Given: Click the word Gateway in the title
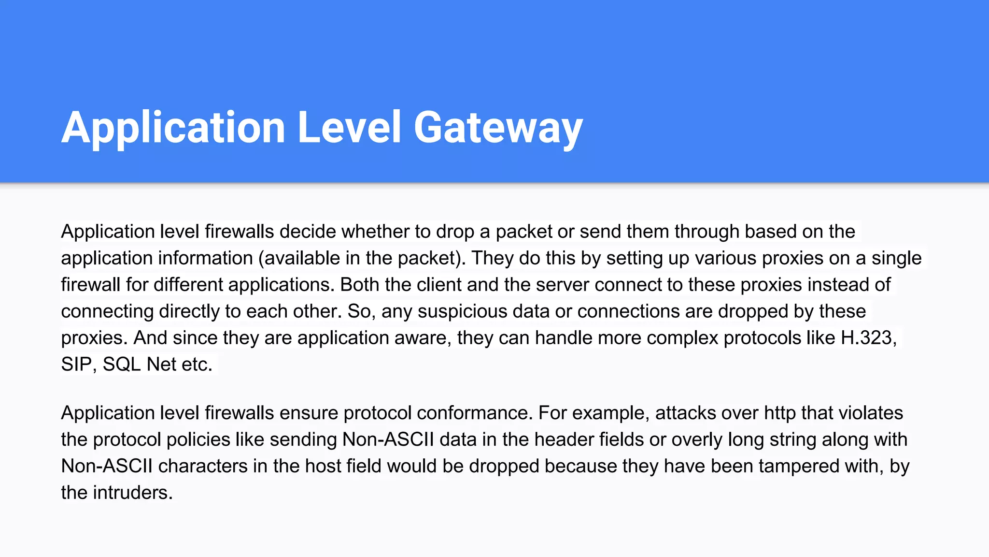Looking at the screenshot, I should [498, 128].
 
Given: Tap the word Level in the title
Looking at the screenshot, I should [349, 128].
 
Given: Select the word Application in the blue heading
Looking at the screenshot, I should [173, 128].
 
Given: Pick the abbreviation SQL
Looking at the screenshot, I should [122, 364].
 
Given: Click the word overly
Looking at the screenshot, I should [697, 440].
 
